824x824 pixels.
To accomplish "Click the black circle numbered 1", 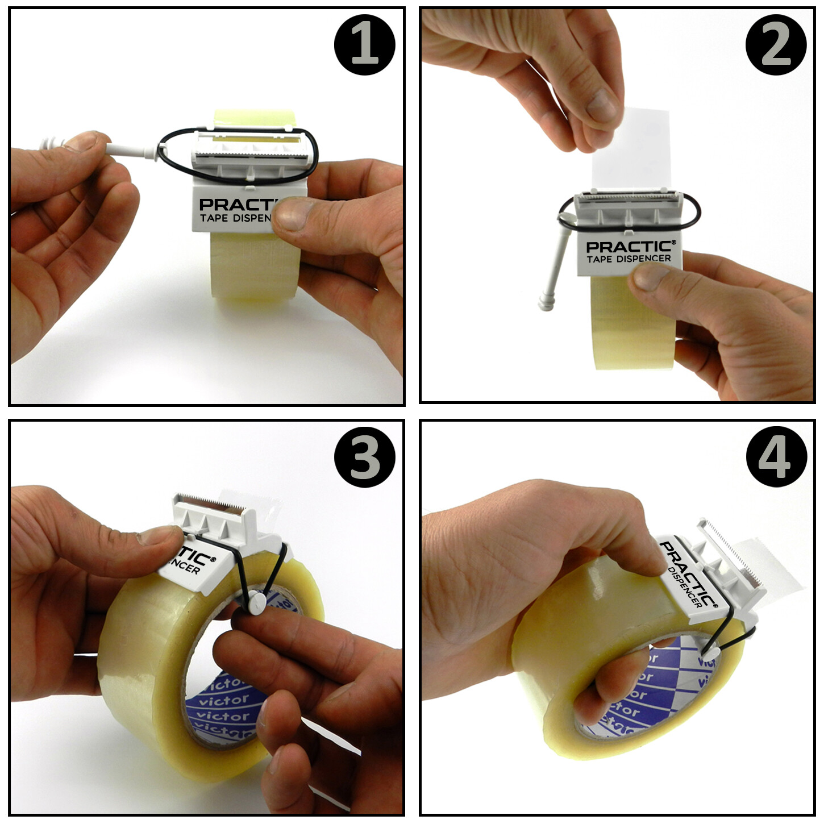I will [364, 45].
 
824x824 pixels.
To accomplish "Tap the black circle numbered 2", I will [776, 45].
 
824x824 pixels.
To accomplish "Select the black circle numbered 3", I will [364, 457].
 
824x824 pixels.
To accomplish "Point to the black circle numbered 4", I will [776, 457].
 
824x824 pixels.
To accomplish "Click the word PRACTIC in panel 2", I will [630, 247].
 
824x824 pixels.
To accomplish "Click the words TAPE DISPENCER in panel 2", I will [629, 259].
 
